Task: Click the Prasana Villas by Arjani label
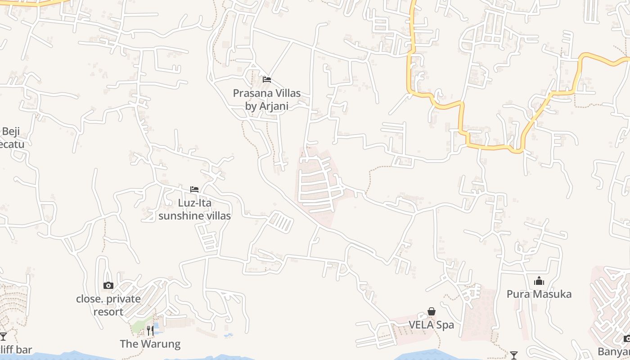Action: (x=266, y=99)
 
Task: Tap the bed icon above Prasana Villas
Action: (x=267, y=80)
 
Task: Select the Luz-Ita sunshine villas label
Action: (x=194, y=209)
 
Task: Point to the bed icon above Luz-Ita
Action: (x=194, y=189)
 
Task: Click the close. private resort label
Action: (x=108, y=305)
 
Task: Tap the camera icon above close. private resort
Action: (x=108, y=285)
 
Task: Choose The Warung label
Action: (x=150, y=344)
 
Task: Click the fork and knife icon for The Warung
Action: (x=150, y=331)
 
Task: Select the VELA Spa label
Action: (x=431, y=324)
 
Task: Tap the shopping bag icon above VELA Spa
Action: (x=431, y=311)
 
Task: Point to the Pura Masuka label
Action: (x=539, y=294)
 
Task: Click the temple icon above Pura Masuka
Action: (x=539, y=281)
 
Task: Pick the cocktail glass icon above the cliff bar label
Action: (x=4, y=336)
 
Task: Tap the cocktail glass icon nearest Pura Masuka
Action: (x=513, y=355)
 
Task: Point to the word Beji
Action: (x=11, y=132)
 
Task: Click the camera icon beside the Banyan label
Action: (x=626, y=338)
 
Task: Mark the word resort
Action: (x=108, y=311)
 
